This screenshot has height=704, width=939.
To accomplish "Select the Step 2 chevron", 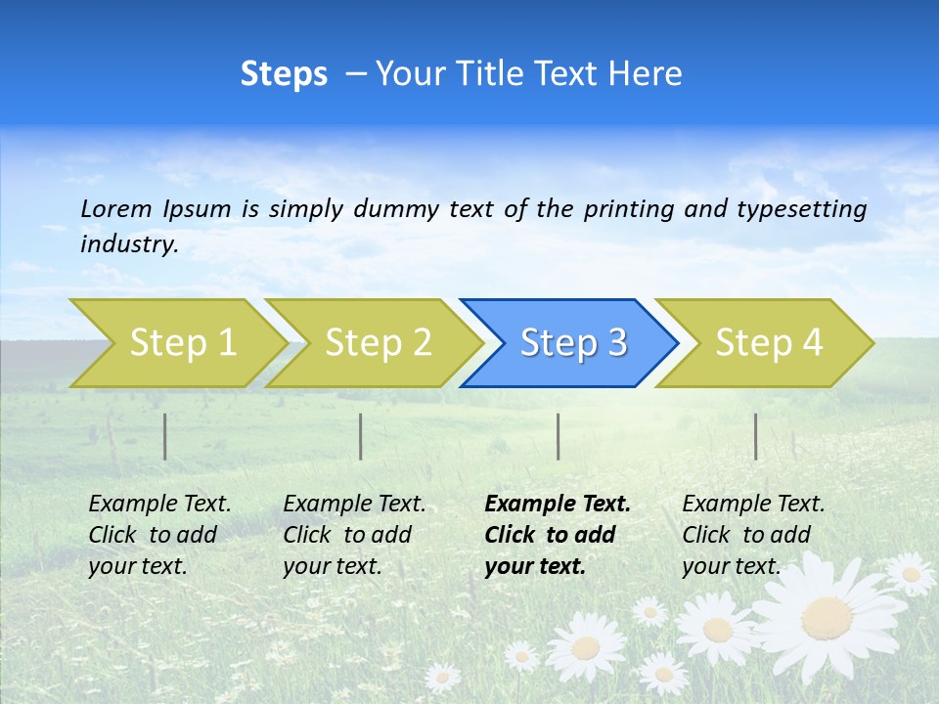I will (377, 343).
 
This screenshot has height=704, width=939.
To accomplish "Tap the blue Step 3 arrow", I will (571, 343).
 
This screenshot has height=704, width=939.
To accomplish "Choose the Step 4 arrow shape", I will (767, 343).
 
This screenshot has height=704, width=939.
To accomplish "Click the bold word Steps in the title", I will (284, 74).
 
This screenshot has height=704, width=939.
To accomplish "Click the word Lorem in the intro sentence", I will (116, 208).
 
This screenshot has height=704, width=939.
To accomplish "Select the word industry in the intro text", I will (128, 244).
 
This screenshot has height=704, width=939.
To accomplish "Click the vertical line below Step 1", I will (165, 436).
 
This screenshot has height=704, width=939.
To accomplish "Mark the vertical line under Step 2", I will (361, 436).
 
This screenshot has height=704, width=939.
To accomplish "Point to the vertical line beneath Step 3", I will (559, 436).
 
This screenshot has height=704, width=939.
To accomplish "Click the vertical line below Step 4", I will (756, 436).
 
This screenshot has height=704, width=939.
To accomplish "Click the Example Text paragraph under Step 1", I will (159, 535).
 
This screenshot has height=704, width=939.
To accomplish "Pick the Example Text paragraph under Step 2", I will (354, 535).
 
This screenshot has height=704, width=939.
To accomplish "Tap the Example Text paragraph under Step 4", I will (753, 535).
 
